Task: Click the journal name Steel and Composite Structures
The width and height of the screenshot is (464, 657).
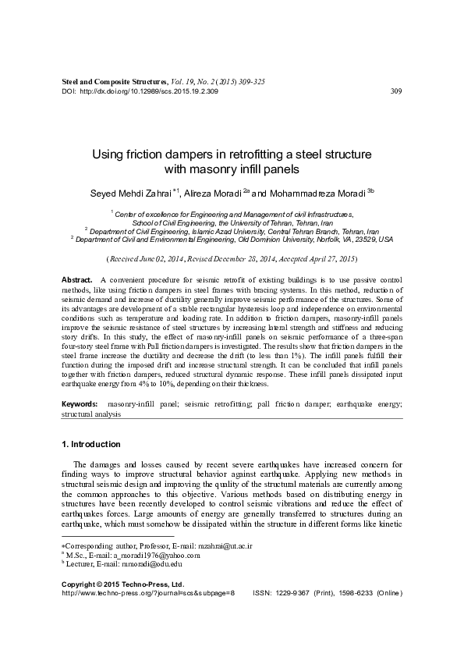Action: pos(114,81)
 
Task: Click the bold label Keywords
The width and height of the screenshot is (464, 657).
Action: pos(80,403)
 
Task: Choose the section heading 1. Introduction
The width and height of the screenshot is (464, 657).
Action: pos(91,445)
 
